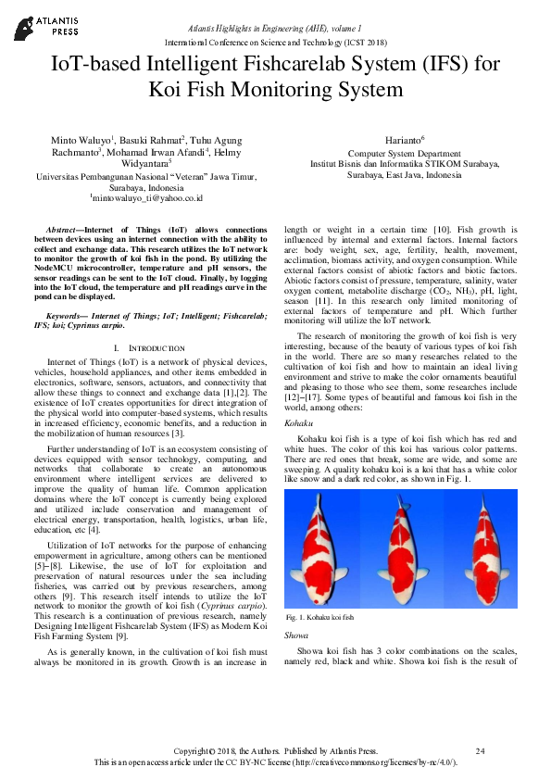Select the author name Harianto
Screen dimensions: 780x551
click(402, 138)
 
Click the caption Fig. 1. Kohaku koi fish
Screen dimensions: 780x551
click(320, 616)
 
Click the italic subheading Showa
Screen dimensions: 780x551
click(297, 635)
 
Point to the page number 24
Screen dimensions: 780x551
click(480, 750)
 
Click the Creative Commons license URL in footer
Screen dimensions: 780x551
click(371, 761)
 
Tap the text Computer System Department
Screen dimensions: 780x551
click(404, 153)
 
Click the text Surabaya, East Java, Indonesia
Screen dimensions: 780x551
click(404, 174)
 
